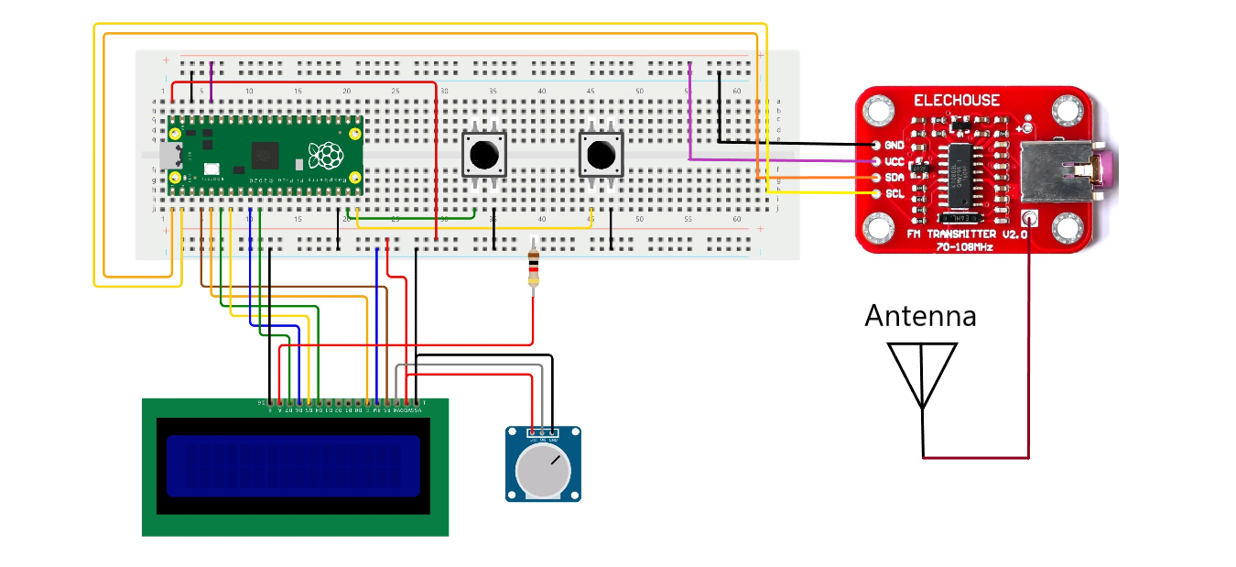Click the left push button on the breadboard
(483, 154)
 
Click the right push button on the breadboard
(601, 154)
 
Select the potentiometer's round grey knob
(542, 471)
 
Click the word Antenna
(920, 316)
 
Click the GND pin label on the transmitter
(894, 146)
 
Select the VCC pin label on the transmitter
(894, 161)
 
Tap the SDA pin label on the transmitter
(894, 178)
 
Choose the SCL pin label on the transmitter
(894, 194)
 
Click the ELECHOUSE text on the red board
(956, 101)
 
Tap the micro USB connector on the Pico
(170, 156)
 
